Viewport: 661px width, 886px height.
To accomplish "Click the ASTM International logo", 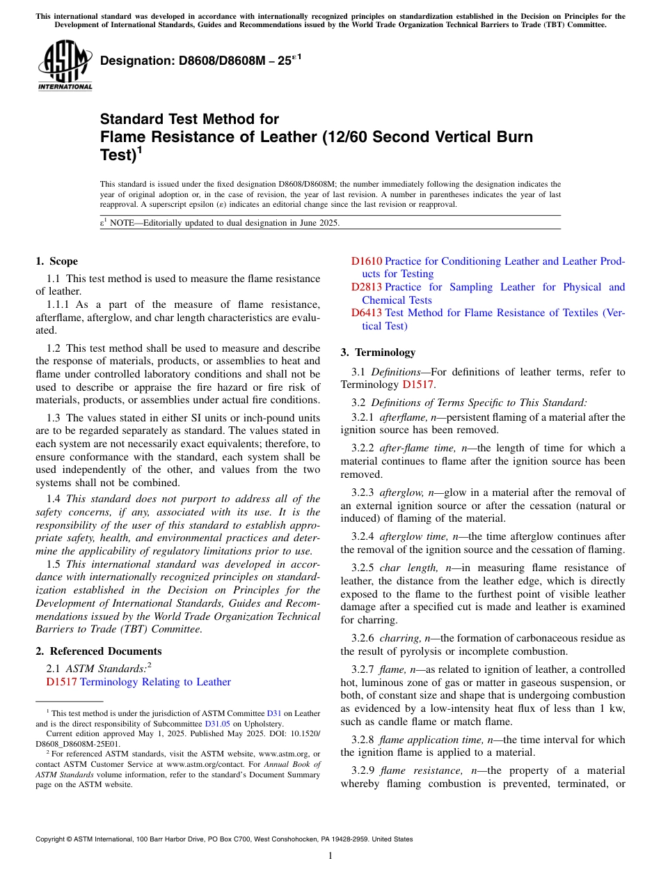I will coord(65,65).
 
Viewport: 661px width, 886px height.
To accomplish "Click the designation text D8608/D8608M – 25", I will coord(196,61).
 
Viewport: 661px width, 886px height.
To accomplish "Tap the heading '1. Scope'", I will coord(57,261).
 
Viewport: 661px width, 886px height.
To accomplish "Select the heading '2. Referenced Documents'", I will coord(99,651).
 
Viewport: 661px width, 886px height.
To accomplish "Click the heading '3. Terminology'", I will coord(378,352).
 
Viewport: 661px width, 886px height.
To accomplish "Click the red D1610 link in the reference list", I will coord(366,261).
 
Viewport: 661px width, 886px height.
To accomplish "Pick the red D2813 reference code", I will coord(366,287).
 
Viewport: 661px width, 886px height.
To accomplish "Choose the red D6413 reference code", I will coord(366,313).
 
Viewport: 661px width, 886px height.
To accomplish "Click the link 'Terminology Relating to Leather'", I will coord(155,682).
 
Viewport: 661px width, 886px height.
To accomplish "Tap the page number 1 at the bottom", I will coord(330,856).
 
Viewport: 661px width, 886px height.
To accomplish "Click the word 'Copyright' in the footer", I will coord(53,839).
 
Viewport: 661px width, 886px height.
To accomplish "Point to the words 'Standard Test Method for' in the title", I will coord(189,119).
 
